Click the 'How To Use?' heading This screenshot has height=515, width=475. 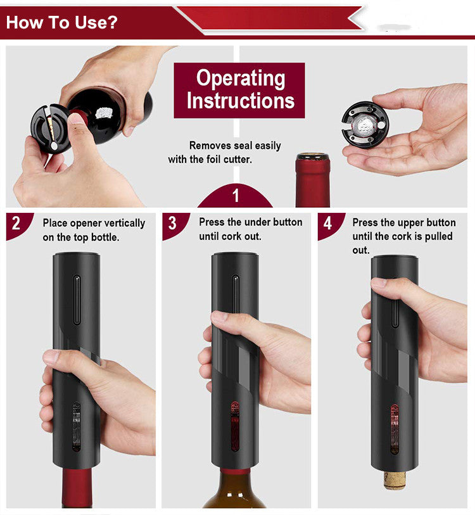click(x=62, y=23)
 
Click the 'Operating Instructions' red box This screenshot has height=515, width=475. click(x=239, y=89)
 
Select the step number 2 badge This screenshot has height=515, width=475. click(x=16, y=223)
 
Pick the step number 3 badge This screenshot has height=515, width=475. click(x=172, y=224)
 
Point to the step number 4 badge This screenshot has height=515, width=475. click(x=327, y=224)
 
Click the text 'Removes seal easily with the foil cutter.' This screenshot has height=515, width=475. click(x=225, y=153)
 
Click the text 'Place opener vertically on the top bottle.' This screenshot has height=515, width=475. click(x=94, y=230)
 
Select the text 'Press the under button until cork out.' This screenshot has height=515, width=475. click(x=250, y=229)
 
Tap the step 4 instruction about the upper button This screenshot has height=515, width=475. click(x=403, y=236)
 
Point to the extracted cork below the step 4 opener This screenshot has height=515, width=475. click(x=395, y=479)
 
